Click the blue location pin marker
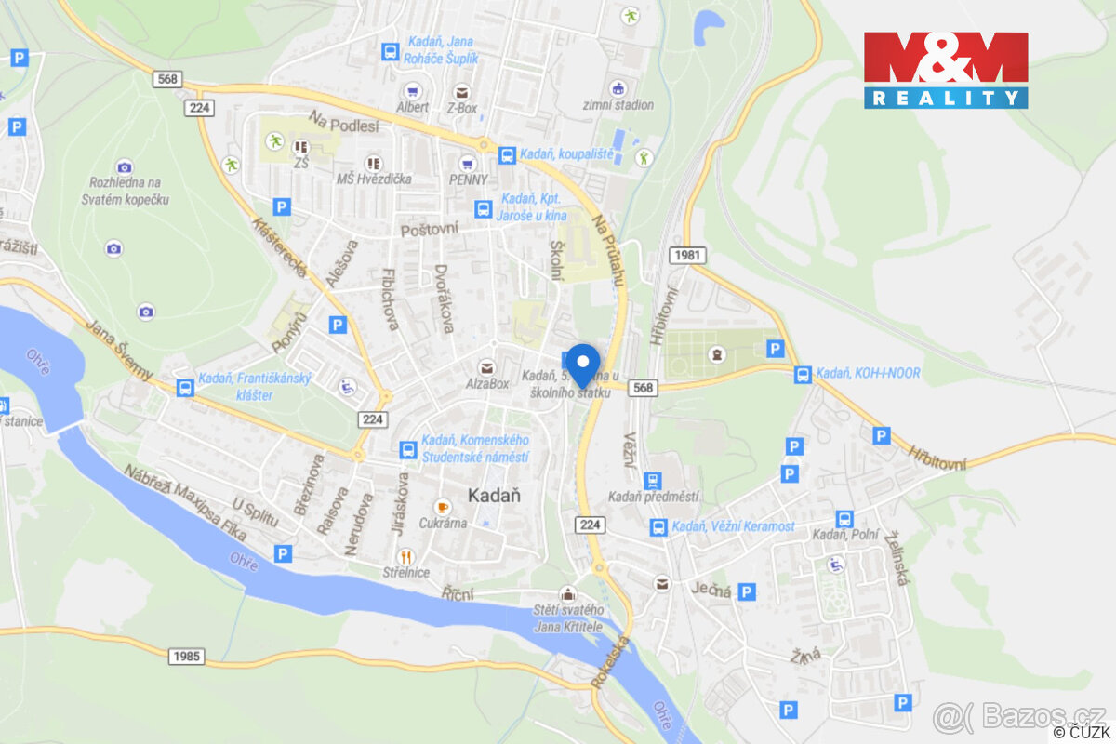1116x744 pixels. pyautogui.click(x=583, y=363)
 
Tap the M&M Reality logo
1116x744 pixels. pyautogui.click(x=946, y=70)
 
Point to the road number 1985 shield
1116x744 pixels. pyautogui.click(x=186, y=657)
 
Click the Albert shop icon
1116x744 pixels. pyautogui.click(x=412, y=91)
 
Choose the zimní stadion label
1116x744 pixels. pyautogui.click(x=619, y=105)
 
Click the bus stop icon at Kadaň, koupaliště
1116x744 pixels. pyautogui.click(x=507, y=154)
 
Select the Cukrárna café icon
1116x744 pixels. pyautogui.click(x=442, y=507)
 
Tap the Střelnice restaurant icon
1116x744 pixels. pyautogui.click(x=405, y=556)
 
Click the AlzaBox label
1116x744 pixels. pyautogui.click(x=487, y=383)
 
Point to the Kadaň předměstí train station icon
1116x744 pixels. pyautogui.click(x=653, y=480)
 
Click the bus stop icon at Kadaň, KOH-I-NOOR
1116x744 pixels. pyautogui.click(x=803, y=374)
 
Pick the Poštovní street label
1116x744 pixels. pyautogui.click(x=429, y=229)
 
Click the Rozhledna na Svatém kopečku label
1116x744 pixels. pyautogui.click(x=126, y=191)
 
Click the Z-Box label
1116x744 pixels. pyautogui.click(x=462, y=107)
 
